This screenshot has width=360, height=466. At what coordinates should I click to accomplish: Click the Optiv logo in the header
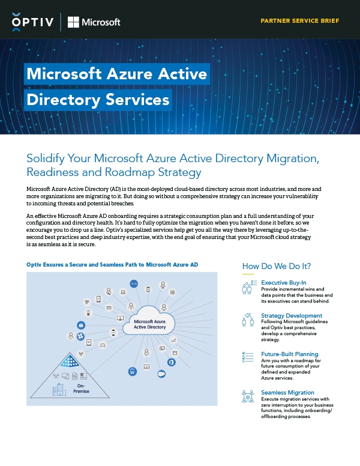tap(33, 22)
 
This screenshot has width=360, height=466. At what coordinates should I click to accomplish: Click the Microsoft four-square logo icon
tap(73, 22)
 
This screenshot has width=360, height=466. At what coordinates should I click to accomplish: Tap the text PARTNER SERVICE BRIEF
tap(299, 20)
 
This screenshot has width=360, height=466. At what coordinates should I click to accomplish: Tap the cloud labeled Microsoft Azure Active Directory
tap(149, 324)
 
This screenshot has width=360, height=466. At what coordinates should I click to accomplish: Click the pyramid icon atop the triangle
tap(73, 360)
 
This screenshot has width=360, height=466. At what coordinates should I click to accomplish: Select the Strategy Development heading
tap(292, 316)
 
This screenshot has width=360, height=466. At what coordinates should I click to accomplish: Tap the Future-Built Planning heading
tap(290, 354)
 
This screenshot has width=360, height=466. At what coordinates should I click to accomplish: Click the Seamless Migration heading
tap(287, 393)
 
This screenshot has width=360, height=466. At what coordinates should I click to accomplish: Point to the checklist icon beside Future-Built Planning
tap(247, 357)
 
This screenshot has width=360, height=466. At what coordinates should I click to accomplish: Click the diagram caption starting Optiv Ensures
tap(112, 265)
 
